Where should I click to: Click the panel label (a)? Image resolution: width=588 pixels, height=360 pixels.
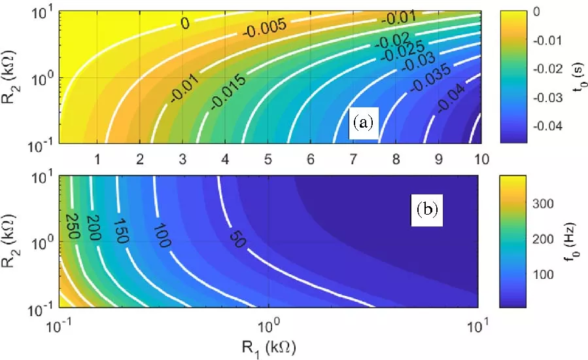click(362, 122)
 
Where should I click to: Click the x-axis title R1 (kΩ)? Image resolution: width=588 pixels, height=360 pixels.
click(269, 344)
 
